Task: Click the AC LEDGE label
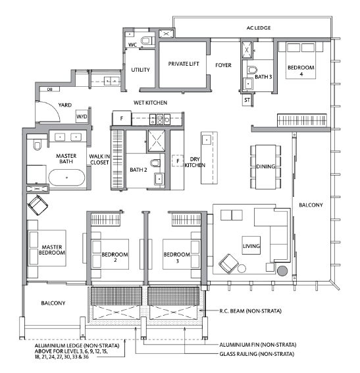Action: (259, 28)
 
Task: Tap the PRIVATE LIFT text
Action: (184, 64)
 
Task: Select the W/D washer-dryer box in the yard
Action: (82, 116)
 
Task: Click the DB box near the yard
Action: (49, 89)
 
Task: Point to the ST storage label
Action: (247, 100)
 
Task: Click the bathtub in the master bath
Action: (66, 178)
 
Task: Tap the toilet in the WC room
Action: (146, 40)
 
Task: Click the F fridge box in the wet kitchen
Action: (122, 118)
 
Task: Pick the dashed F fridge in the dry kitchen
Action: (178, 161)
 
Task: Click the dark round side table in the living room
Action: (282, 271)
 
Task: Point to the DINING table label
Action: (265, 166)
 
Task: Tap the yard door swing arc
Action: (53, 107)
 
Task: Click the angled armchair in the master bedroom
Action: (38, 205)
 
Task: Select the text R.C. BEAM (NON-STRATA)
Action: (250, 311)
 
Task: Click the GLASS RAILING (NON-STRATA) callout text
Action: (257, 354)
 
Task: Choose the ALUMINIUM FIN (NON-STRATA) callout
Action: (258, 345)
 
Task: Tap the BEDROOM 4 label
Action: (301, 70)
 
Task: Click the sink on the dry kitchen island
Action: (206, 139)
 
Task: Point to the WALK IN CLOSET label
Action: (99, 159)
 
